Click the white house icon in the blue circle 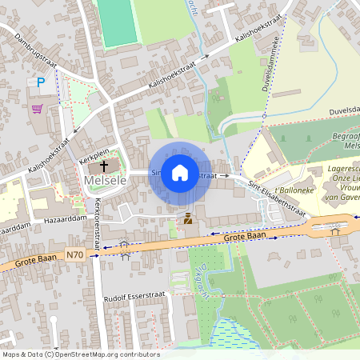coord(180,173)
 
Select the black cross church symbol coord(104,166)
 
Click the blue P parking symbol coord(42,82)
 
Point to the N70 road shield coord(74,255)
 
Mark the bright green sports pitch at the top coord(117,22)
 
